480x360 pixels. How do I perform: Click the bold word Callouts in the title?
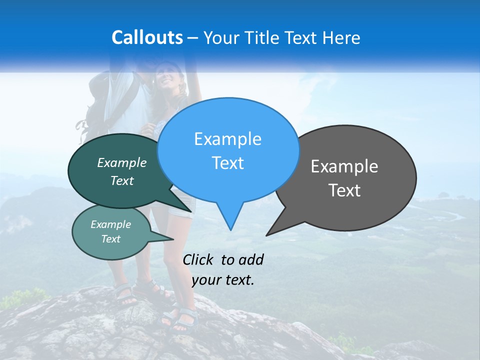click(x=147, y=37)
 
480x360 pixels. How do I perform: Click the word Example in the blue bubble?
click(x=227, y=139)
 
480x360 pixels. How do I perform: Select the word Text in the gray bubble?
click(x=344, y=190)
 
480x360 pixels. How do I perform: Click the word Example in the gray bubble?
click(x=344, y=166)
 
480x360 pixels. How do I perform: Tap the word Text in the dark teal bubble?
click(x=122, y=181)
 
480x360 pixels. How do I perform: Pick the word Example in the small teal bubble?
click(x=110, y=224)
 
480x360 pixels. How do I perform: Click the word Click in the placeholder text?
click(x=198, y=259)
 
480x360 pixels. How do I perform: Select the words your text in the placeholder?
click(x=222, y=280)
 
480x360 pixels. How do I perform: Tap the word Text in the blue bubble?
click(x=227, y=163)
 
